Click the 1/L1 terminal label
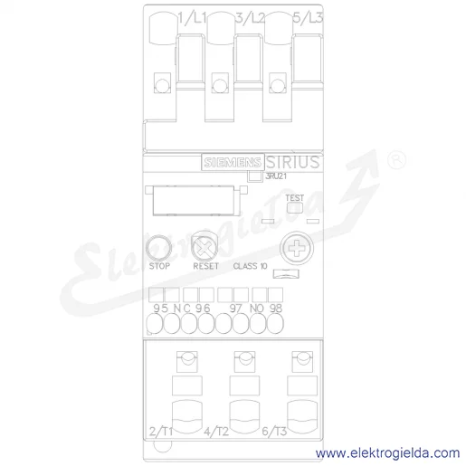coord(192,18)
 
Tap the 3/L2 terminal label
coord(250,18)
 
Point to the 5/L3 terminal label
coord(308,18)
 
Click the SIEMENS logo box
coord(233,162)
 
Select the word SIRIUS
coord(292,162)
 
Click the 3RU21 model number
coord(276,176)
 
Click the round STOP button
coord(158,248)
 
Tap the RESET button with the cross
coord(204,247)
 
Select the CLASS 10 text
coord(250,266)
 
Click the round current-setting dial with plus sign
coord(297,248)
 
